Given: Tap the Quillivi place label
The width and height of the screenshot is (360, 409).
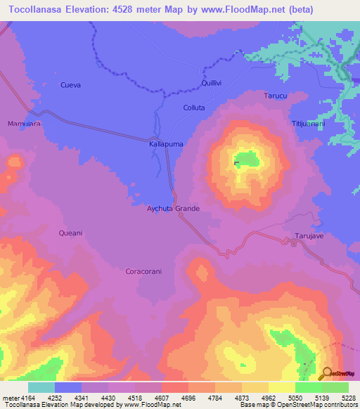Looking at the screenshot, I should coord(213,82).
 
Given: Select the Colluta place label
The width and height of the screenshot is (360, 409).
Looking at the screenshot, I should coord(193,108).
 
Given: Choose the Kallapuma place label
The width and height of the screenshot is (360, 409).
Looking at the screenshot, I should coord(166,143).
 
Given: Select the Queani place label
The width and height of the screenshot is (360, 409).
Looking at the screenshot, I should coord(71,233).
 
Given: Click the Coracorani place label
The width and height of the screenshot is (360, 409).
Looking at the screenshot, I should coord(144,271).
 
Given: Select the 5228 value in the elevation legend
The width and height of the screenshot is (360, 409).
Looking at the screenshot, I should coord(347,397).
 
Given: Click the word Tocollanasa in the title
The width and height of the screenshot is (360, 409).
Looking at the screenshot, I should coord(41,8).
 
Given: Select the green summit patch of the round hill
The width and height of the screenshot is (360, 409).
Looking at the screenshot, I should coord(244,160).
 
